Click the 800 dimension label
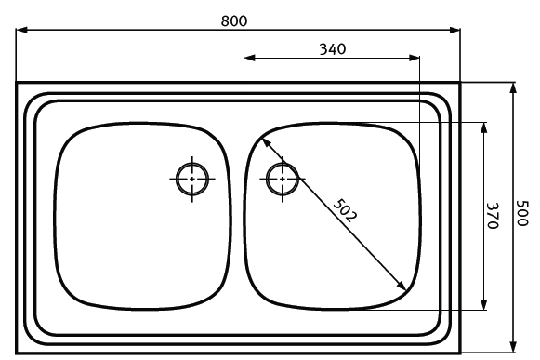[x=234, y=21]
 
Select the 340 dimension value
[x=333, y=49]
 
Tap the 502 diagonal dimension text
[x=345, y=210]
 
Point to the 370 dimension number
[x=493, y=216]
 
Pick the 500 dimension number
[x=522, y=213]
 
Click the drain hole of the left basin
[x=192, y=179]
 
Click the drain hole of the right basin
[x=283, y=179]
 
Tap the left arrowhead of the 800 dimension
[x=21, y=31]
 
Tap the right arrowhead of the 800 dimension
[x=454, y=31]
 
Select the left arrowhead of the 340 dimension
[x=249, y=58]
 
